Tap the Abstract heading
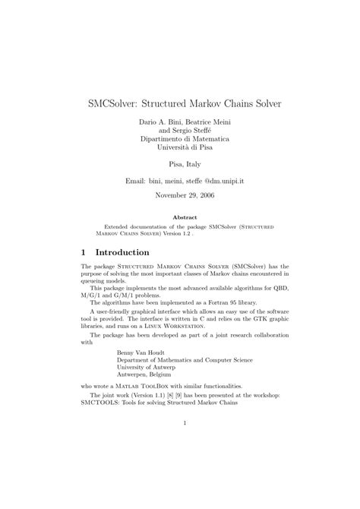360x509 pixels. [x=179, y=217]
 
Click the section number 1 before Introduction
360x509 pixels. [x=84, y=251]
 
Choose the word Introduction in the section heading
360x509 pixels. [x=122, y=251]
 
